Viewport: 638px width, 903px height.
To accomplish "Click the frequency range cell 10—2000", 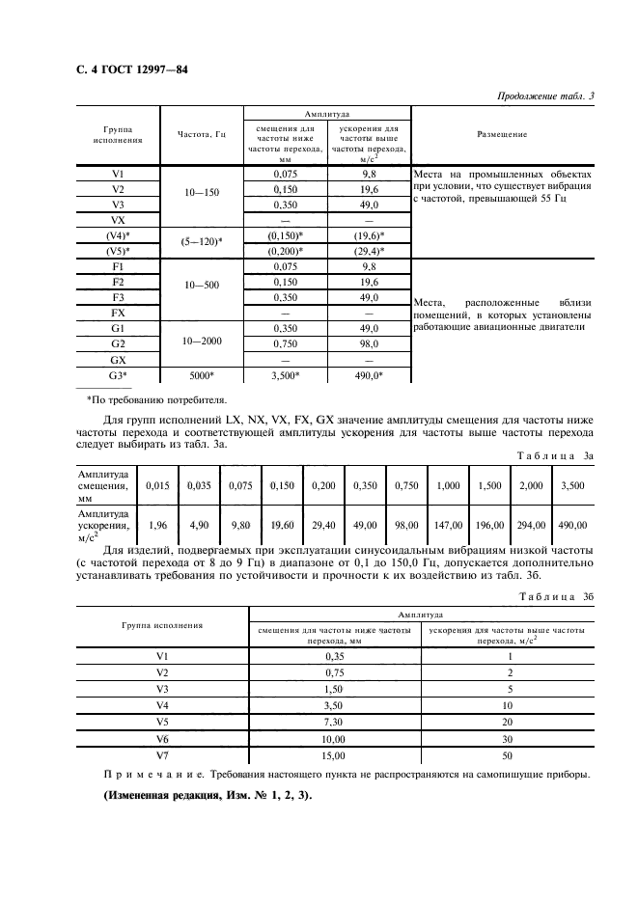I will (201, 342).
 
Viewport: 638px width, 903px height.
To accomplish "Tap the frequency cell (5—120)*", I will (201, 242).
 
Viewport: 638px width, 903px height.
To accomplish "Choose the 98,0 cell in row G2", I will (369, 342).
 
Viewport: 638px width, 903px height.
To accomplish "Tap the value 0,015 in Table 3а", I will (157, 486).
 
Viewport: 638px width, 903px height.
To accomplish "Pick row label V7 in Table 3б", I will (161, 755).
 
